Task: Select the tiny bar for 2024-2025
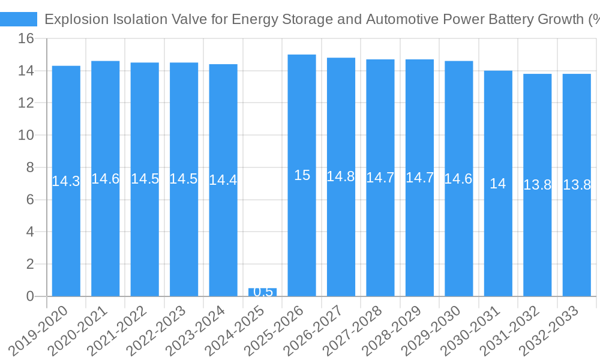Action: click(x=263, y=292)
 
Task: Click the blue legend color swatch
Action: click(x=19, y=19)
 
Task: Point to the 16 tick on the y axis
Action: click(x=26, y=39)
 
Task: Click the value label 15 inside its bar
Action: click(x=302, y=175)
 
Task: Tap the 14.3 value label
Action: click(x=66, y=181)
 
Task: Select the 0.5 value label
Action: click(x=263, y=292)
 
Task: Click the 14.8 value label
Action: click(x=341, y=176)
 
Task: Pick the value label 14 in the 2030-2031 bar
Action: click(x=498, y=184)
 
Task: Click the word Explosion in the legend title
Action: click(x=76, y=19)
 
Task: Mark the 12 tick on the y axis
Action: click(x=26, y=103)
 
